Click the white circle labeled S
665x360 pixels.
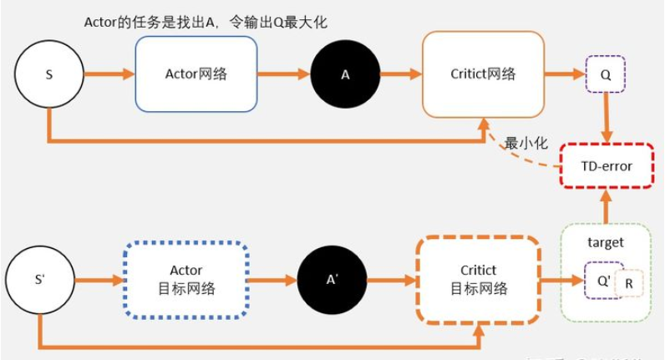(x=48, y=74)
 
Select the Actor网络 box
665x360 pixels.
(x=195, y=74)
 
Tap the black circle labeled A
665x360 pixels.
(x=345, y=74)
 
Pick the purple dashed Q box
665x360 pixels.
(x=607, y=74)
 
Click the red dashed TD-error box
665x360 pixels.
(x=607, y=165)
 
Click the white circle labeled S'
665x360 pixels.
(x=39, y=279)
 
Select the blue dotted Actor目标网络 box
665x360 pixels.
(x=185, y=280)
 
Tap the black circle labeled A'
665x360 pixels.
(x=332, y=279)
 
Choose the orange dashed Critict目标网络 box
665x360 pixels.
(x=478, y=280)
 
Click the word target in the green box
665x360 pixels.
(x=606, y=242)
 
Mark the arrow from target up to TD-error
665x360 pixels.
(x=607, y=203)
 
